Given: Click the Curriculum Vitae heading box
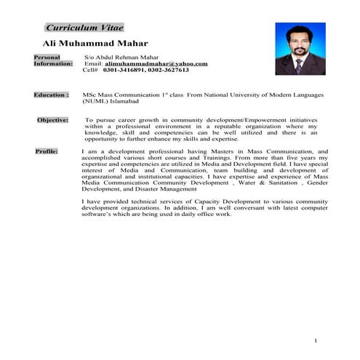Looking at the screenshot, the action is (84, 28).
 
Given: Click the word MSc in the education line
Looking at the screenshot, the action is (90, 95).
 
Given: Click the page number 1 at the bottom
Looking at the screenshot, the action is (316, 340).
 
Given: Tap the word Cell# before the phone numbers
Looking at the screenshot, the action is (90, 71).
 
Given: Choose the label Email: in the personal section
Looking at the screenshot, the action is (94, 63).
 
